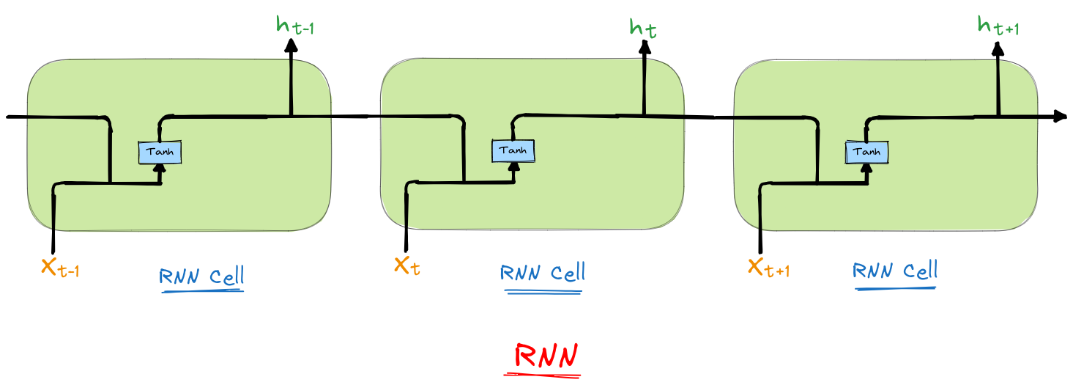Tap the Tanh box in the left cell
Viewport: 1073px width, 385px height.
[160, 152]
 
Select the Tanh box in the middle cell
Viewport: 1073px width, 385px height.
[513, 150]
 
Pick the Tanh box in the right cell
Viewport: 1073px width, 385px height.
[866, 152]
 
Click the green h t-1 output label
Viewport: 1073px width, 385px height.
[295, 26]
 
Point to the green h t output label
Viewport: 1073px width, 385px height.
[644, 28]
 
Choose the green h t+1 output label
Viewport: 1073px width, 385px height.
[998, 26]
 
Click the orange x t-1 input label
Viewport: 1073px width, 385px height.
[60, 268]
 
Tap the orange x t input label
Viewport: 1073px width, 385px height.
[407, 265]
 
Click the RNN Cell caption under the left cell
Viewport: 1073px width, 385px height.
[201, 277]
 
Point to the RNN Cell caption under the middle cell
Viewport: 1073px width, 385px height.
[543, 274]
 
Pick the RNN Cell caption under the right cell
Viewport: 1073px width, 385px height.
[895, 271]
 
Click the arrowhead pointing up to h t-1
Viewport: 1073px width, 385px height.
[292, 45]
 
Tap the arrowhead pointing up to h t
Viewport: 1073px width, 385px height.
[645, 46]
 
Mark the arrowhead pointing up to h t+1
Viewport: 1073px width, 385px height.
[998, 48]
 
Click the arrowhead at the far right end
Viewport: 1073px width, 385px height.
[1059, 116]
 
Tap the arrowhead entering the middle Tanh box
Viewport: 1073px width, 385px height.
[513, 166]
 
